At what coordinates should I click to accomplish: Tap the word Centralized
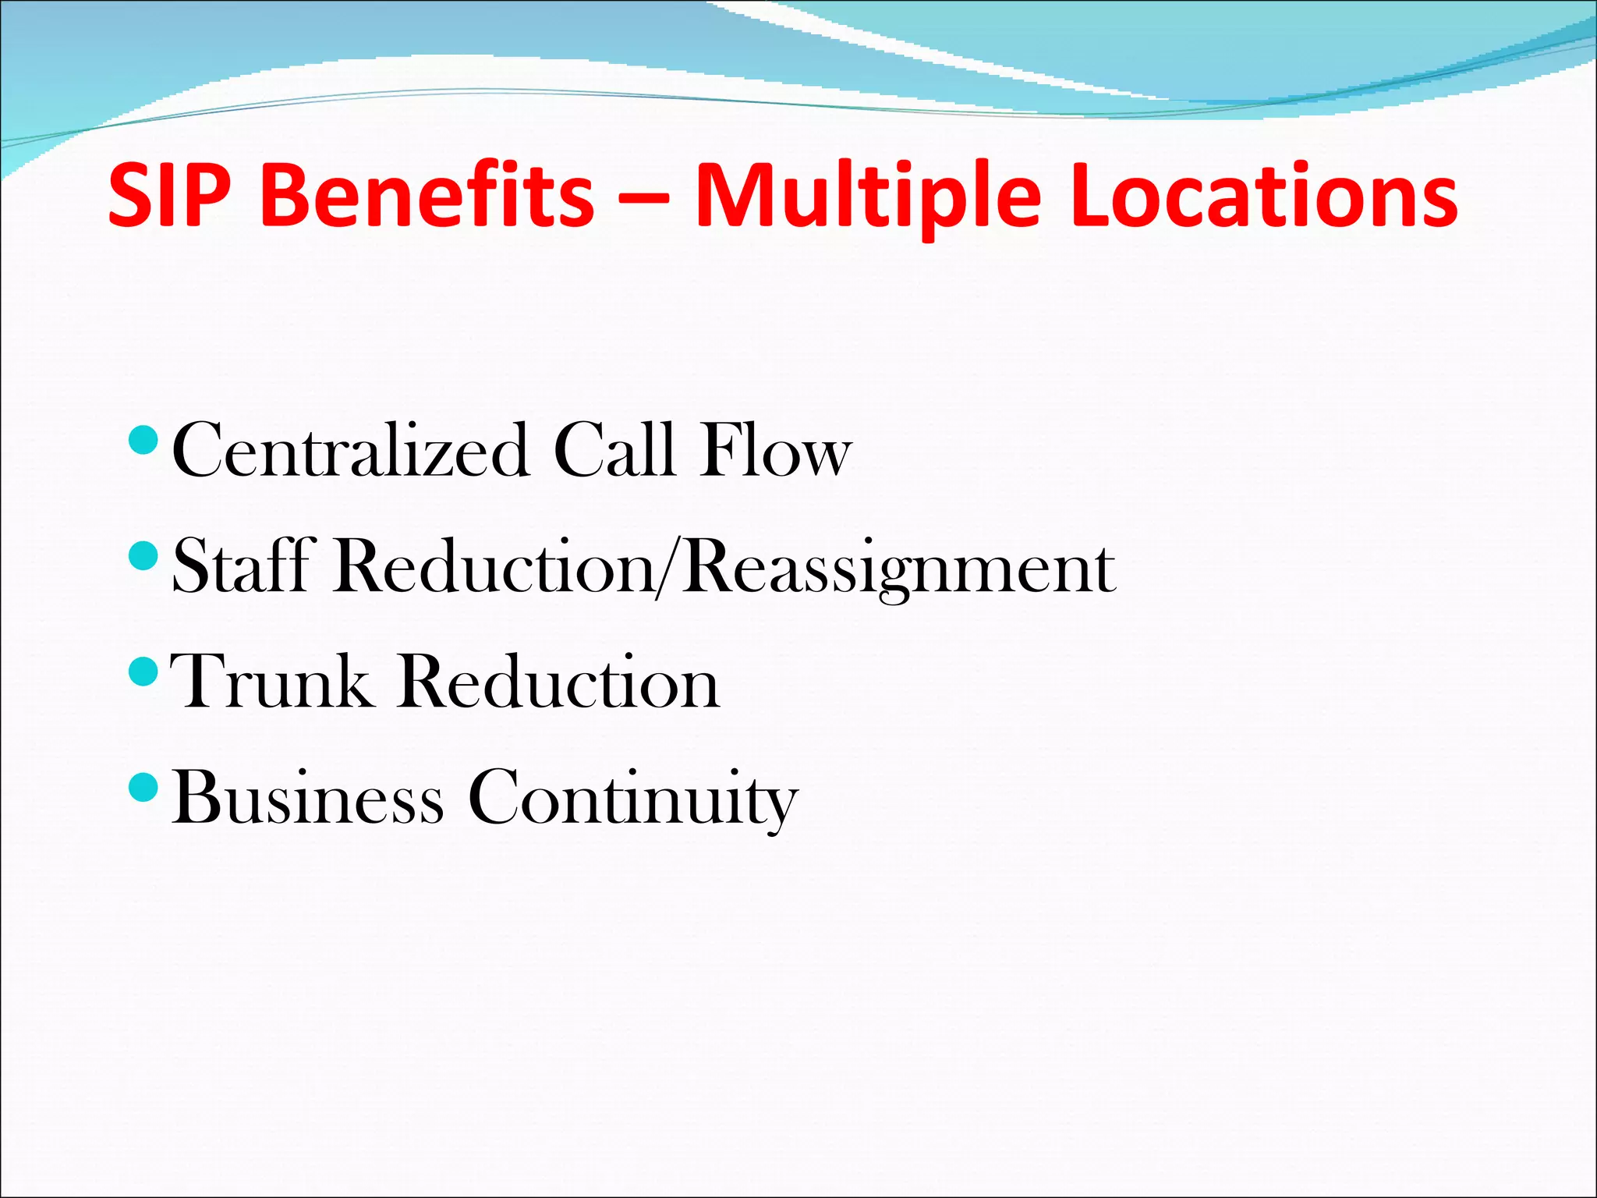(x=349, y=451)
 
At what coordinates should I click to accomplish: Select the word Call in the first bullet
(x=614, y=451)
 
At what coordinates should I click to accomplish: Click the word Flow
(x=774, y=451)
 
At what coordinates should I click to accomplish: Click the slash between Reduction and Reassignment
(x=670, y=568)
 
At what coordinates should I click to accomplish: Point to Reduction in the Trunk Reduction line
(x=558, y=682)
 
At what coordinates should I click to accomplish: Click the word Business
(x=307, y=797)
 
